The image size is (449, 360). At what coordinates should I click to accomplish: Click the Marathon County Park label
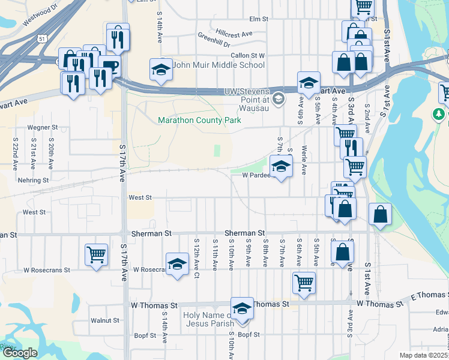(x=199, y=120)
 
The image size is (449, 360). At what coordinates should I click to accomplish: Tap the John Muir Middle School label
(x=218, y=65)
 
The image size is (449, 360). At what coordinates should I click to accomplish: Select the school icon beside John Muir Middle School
(x=160, y=71)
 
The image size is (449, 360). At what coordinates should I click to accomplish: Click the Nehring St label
(x=34, y=180)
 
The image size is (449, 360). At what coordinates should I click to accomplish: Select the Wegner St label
(x=43, y=127)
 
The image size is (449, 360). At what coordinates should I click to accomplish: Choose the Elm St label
(x=258, y=19)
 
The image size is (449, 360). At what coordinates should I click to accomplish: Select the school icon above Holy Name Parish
(x=242, y=308)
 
